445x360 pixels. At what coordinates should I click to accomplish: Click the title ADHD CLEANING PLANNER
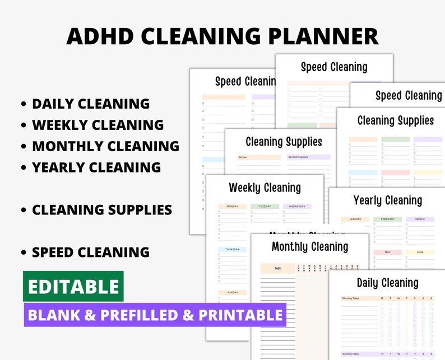click(x=222, y=36)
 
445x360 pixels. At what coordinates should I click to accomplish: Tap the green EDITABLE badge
click(x=73, y=286)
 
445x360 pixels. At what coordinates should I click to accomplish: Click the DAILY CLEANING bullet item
click(x=90, y=104)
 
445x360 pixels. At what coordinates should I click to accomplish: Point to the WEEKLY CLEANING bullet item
click(x=98, y=125)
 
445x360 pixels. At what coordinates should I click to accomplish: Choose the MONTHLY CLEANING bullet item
click(x=105, y=146)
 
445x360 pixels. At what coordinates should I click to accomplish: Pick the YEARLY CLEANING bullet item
click(x=96, y=167)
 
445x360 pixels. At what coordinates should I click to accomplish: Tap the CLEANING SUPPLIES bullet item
click(x=101, y=209)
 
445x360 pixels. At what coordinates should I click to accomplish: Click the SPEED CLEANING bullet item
click(x=90, y=252)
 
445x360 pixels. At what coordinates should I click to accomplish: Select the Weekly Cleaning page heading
click(x=265, y=188)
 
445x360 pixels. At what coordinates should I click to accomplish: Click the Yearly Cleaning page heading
click(x=387, y=200)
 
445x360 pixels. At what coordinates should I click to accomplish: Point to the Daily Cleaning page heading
click(x=387, y=283)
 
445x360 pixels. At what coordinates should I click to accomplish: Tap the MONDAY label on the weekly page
click(x=232, y=207)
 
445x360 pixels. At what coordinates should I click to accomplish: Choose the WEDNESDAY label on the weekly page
click(x=297, y=207)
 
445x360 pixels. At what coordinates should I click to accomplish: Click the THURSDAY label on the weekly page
click(x=232, y=250)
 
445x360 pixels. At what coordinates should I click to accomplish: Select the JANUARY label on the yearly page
click(x=355, y=219)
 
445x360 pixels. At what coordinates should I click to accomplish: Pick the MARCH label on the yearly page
click(x=420, y=219)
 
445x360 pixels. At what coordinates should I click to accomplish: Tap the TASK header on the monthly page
click(x=277, y=269)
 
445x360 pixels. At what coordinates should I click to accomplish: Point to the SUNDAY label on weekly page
click(x=232, y=292)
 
